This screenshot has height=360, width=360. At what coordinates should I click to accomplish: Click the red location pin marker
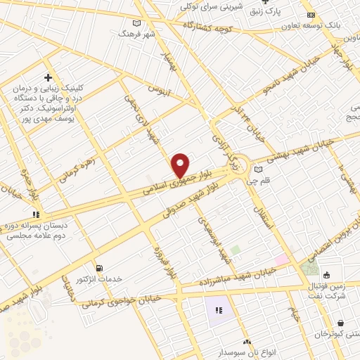click(x=181, y=165)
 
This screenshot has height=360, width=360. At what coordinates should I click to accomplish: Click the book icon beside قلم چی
click(x=258, y=169)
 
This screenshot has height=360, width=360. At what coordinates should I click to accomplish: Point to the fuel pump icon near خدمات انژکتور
click(x=98, y=268)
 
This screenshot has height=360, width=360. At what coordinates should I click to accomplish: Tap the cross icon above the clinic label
click(x=48, y=77)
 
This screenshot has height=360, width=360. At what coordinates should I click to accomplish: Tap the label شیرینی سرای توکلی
click(x=211, y=6)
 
